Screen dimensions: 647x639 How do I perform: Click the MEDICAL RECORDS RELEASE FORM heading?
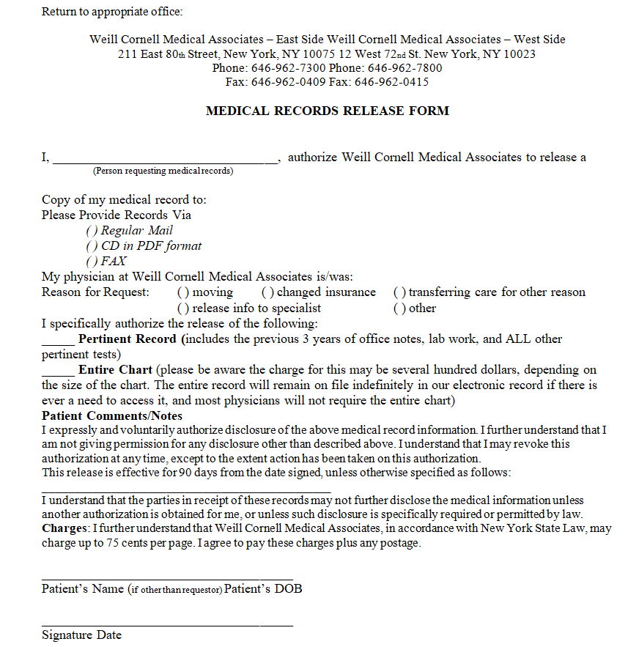pos(327,111)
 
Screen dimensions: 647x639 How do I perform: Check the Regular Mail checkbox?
pos(92,231)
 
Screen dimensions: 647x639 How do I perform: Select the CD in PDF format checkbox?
pos(92,246)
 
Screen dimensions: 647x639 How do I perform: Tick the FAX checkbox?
pos(92,262)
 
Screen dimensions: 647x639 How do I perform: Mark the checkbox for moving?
pos(183,292)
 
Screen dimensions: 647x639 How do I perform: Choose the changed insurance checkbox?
pos(267,292)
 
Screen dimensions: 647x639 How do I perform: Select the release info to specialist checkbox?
pos(183,308)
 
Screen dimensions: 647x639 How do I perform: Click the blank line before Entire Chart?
pos(58,372)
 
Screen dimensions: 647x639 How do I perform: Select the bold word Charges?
pos(64,528)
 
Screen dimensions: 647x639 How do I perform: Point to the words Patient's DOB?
pos(263,589)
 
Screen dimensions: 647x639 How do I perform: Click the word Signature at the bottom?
pos(67,635)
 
